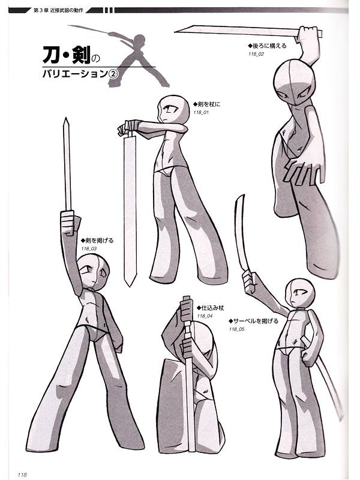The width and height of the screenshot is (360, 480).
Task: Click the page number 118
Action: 22,474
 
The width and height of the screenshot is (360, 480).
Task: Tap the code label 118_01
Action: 201,112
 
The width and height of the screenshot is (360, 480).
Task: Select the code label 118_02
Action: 256,54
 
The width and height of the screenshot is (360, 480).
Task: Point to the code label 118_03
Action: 89,248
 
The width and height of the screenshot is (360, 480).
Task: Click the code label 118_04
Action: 205,316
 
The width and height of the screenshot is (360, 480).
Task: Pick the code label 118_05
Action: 237,329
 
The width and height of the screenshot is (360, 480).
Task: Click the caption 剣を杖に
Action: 206,104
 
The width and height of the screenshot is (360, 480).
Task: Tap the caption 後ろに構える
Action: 267,46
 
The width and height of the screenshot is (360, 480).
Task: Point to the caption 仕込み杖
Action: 211,308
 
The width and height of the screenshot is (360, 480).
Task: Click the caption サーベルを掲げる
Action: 254,321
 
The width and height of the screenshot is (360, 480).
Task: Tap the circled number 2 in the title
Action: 113,74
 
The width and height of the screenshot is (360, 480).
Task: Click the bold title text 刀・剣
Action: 67,55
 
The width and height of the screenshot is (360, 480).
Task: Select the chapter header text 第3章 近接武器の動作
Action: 58,10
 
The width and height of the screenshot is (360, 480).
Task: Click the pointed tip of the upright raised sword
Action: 66,118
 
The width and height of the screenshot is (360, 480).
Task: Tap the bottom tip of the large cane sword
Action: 130,286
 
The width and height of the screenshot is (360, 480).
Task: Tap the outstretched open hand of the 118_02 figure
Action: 303,172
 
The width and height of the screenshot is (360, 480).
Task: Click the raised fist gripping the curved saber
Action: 250,282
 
